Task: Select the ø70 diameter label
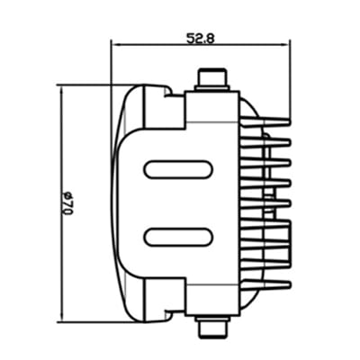tap(65, 202)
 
